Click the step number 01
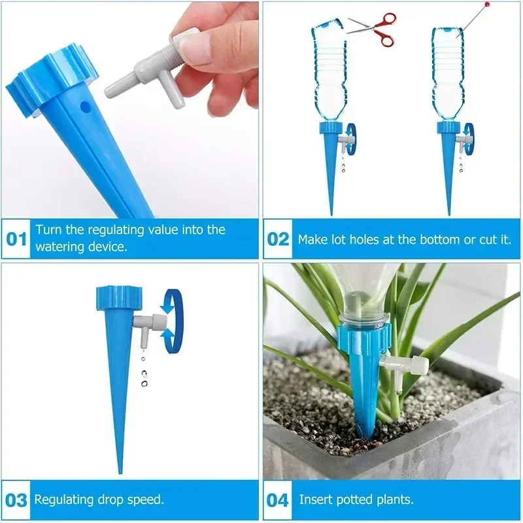pos(16,239)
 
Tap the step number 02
pos(278,239)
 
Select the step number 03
pos(16,501)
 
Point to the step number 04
pos(278,501)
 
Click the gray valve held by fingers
pos(150,72)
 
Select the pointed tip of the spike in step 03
pos(119,467)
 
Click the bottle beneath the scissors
pos(329,72)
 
